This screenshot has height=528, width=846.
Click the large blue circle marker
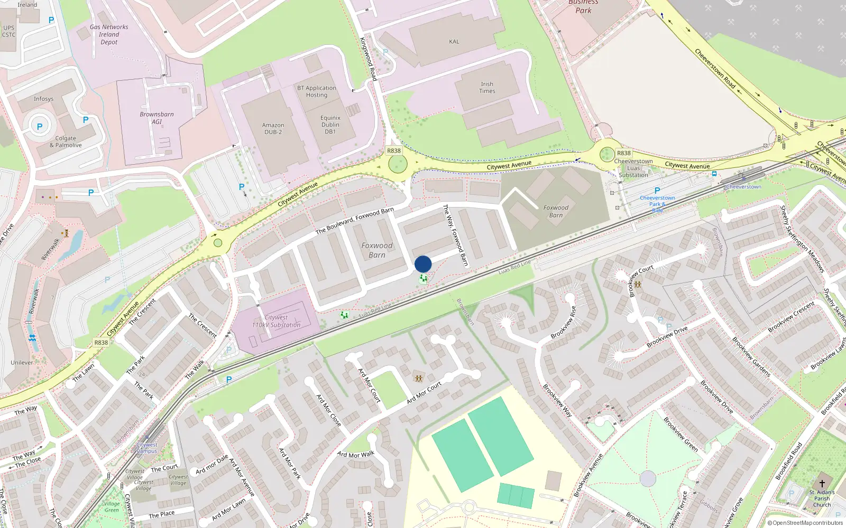pyautogui.click(x=423, y=264)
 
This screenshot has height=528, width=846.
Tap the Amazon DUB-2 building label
pyautogui.click(x=273, y=129)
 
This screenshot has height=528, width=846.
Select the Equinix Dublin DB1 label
pyautogui.click(x=330, y=125)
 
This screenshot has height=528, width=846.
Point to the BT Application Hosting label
pyautogui.click(x=316, y=91)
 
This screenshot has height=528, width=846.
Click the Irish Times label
pyautogui.click(x=487, y=88)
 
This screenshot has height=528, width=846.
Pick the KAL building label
pyautogui.click(x=454, y=42)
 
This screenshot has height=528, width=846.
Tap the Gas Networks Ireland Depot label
pyautogui.click(x=109, y=34)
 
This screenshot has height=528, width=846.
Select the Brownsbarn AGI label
pyautogui.click(x=157, y=118)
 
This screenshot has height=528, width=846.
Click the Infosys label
pyautogui.click(x=43, y=99)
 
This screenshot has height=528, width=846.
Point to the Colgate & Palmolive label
pyautogui.click(x=66, y=142)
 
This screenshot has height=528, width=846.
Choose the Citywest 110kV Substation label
pyautogui.click(x=276, y=322)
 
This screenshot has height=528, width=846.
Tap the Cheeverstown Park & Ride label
pyautogui.click(x=657, y=204)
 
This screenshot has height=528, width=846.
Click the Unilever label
pyautogui.click(x=22, y=363)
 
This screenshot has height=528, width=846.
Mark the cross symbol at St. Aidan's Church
pyautogui.click(x=822, y=483)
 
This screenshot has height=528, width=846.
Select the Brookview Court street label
pyautogui.click(x=641, y=281)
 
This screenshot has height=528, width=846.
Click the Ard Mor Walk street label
pyautogui.click(x=356, y=454)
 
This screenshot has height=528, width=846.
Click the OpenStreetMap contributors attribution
pyautogui.click(x=805, y=523)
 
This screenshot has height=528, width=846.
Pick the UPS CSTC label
pyautogui.click(x=9, y=31)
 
